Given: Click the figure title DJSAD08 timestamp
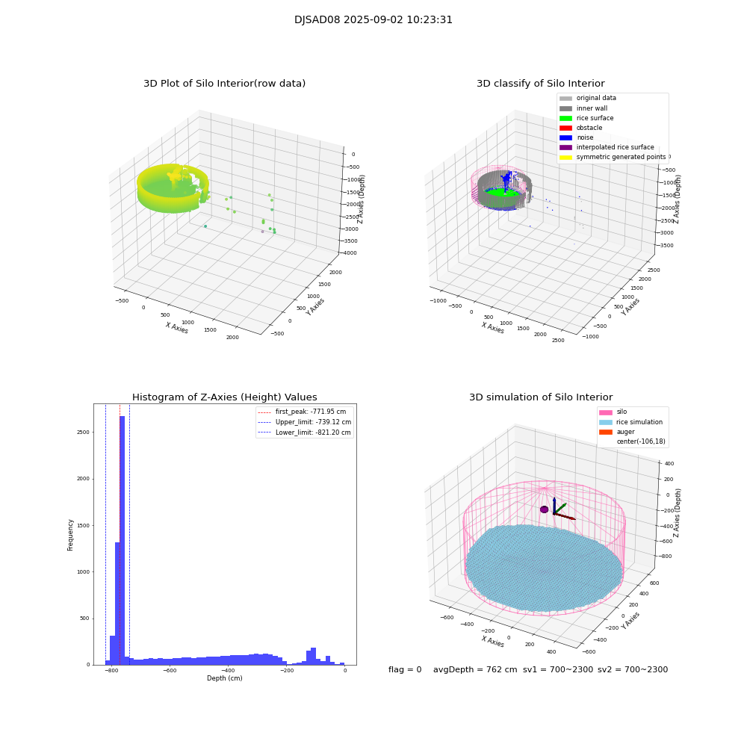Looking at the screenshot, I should tap(373, 20).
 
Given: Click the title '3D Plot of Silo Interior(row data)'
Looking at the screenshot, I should tap(224, 84).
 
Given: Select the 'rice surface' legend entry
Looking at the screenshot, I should tap(596, 118).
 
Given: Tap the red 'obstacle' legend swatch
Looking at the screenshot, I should tap(565, 128).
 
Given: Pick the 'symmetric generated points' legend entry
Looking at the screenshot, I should tap(621, 157).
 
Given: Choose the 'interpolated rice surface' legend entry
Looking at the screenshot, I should tap(615, 147).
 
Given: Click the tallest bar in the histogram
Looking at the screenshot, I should tap(123, 538).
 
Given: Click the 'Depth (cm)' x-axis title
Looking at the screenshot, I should tap(225, 678).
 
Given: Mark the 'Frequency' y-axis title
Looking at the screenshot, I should tap(71, 534).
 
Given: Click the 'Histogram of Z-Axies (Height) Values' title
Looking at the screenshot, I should tap(225, 397).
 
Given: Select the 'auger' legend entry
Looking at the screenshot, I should tap(625, 432).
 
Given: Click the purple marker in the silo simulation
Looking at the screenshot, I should tap(545, 509).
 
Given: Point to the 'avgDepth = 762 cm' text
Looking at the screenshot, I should tap(475, 670).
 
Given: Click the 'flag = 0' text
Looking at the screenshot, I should tap(405, 670).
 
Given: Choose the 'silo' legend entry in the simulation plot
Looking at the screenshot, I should tap(622, 412).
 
